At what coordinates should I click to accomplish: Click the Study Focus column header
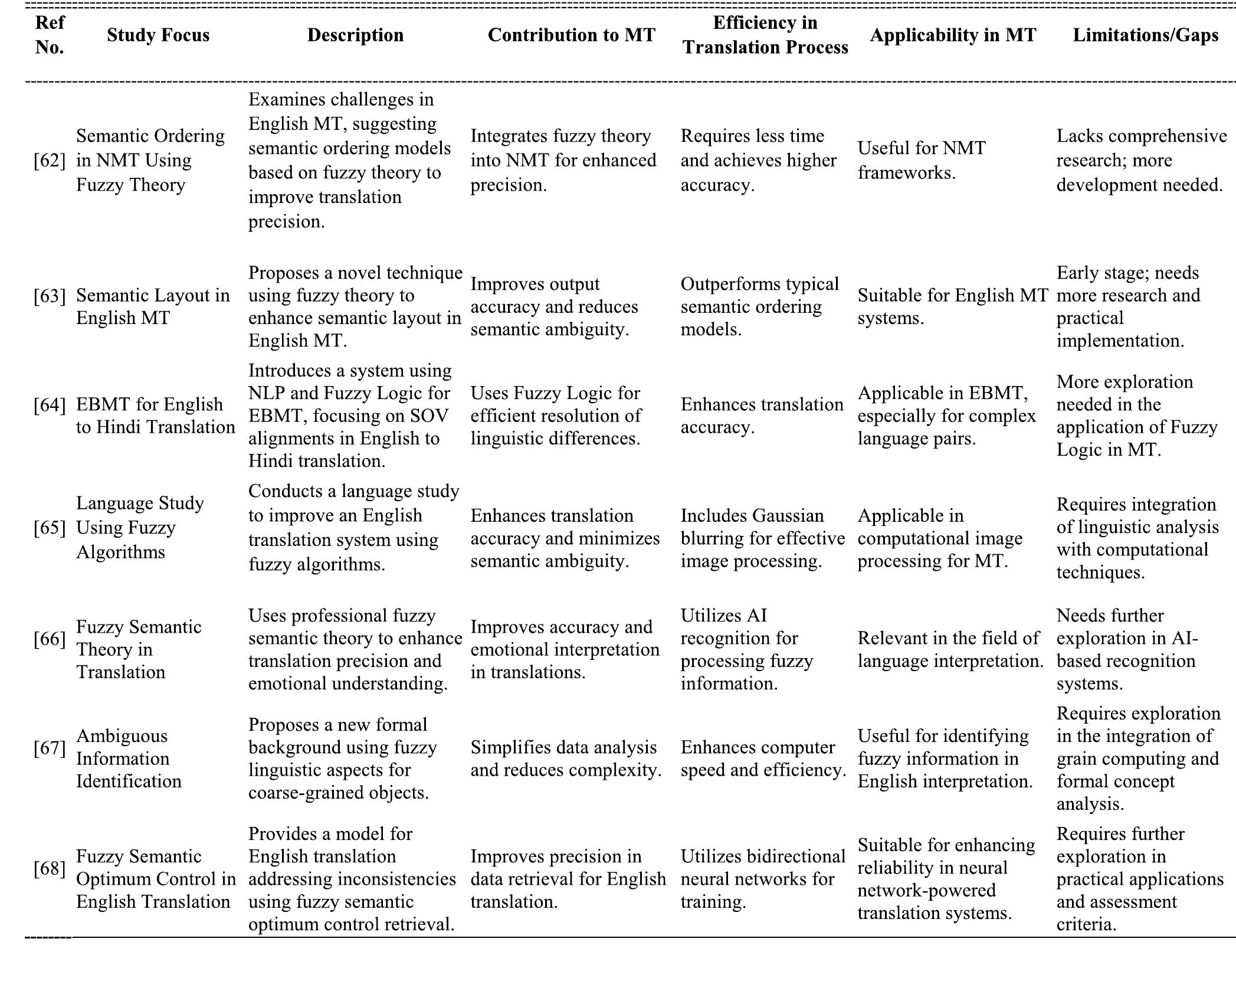[x=158, y=35]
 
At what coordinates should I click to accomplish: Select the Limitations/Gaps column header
[x=1145, y=35]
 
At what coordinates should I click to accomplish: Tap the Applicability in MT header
[x=952, y=35]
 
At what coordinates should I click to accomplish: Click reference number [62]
[x=50, y=161]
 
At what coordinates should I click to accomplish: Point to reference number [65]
[x=50, y=527]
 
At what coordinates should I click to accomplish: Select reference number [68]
[x=50, y=868]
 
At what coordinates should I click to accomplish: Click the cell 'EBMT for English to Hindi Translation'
[x=155, y=416]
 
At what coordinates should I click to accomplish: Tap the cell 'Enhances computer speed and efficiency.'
[x=763, y=758]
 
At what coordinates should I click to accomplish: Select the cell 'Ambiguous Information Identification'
[x=129, y=758]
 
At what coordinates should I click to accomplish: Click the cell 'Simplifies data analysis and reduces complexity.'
[x=565, y=758]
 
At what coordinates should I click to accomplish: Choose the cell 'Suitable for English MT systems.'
[x=952, y=306]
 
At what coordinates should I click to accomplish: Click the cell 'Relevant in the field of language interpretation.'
[x=950, y=649]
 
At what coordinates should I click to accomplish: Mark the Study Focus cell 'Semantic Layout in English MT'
[x=152, y=306]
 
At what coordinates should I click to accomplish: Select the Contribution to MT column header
[x=571, y=35]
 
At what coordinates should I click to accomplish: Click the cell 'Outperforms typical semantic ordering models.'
[x=759, y=306]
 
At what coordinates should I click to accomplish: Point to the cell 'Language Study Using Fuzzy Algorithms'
[x=140, y=527]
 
